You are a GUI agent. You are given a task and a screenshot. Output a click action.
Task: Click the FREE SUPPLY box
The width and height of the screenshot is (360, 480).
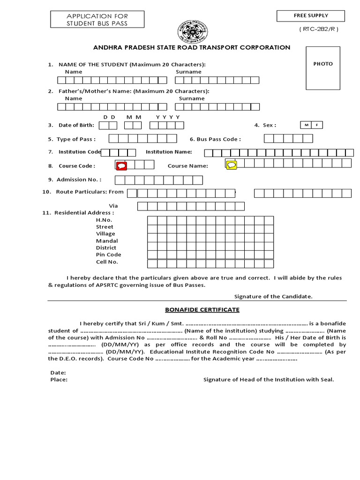(310, 16)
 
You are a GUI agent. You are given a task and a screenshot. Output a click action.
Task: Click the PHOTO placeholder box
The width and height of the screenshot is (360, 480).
(323, 68)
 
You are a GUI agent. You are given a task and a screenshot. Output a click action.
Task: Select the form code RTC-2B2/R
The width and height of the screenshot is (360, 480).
(318, 29)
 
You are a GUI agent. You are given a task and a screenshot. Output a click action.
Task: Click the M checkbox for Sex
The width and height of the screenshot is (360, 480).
(306, 125)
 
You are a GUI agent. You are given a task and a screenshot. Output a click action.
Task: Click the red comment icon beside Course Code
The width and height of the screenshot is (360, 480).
(121, 165)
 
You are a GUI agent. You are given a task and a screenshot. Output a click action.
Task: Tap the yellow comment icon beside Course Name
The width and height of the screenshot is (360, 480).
(232, 165)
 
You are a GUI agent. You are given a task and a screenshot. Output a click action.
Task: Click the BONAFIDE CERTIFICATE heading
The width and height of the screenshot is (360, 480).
(202, 310)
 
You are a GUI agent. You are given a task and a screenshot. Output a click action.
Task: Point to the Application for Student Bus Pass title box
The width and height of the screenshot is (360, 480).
(97, 20)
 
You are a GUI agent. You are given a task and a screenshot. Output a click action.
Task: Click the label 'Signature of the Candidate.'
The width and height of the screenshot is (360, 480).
(273, 296)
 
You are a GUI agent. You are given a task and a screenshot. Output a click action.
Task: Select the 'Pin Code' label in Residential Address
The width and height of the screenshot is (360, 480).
(108, 255)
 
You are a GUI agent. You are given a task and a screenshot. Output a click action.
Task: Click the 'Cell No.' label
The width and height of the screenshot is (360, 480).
(107, 262)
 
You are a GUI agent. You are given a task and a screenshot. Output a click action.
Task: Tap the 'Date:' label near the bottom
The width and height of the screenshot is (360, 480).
(58, 373)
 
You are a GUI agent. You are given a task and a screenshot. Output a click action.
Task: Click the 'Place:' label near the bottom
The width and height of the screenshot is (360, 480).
(59, 380)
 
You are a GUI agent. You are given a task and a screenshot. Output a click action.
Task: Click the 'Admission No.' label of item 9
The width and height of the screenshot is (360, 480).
(79, 180)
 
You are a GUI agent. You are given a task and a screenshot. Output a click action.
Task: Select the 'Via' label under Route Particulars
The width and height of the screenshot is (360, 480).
(113, 206)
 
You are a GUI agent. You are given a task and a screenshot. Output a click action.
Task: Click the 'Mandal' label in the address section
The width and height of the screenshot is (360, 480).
(107, 240)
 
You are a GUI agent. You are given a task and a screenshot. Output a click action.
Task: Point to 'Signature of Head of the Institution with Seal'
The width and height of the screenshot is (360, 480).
(269, 380)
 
